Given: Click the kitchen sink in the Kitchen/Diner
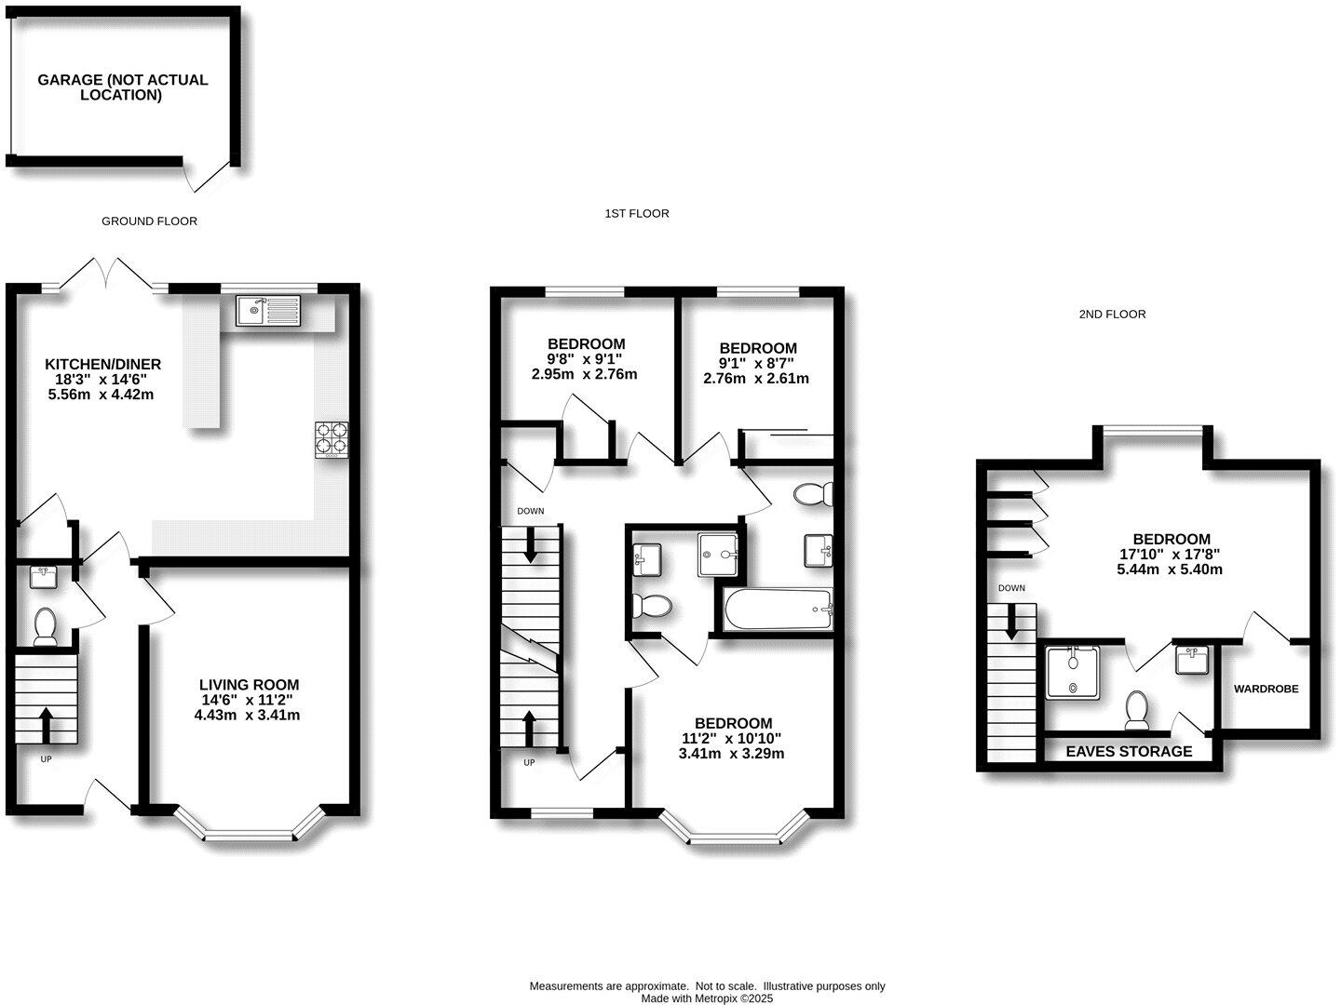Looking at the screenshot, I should click(x=268, y=310).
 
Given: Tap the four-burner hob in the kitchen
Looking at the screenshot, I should click(x=331, y=440).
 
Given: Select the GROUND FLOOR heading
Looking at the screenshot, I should click(x=149, y=221).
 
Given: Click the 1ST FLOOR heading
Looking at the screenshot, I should click(x=637, y=214).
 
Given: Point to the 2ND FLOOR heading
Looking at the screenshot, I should click(x=1112, y=315).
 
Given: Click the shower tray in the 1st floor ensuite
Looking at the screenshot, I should click(x=718, y=555).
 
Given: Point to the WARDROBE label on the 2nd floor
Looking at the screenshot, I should click(x=1266, y=690).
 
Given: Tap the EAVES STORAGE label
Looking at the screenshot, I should click(x=1129, y=751).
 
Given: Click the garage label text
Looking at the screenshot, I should click(x=123, y=87).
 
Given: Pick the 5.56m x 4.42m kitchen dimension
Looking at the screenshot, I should click(x=101, y=395).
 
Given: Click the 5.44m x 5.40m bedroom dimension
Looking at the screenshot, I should click(x=1170, y=569).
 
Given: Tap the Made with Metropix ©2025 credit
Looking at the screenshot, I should click(x=708, y=998).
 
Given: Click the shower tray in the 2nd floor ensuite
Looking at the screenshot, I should click(x=1074, y=673).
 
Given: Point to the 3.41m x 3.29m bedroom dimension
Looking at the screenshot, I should click(x=732, y=754).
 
